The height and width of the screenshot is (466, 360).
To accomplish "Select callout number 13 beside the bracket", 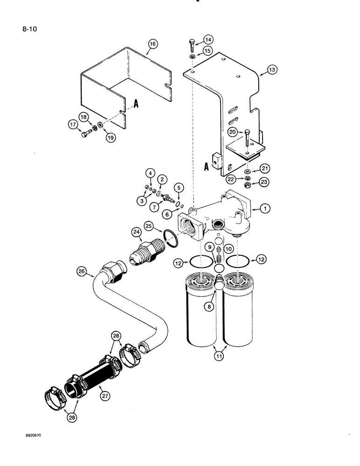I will tap(271, 70).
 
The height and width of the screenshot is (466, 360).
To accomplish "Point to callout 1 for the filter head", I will tap(264, 210).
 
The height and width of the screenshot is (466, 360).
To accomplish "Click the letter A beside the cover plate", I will tap(136, 105).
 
